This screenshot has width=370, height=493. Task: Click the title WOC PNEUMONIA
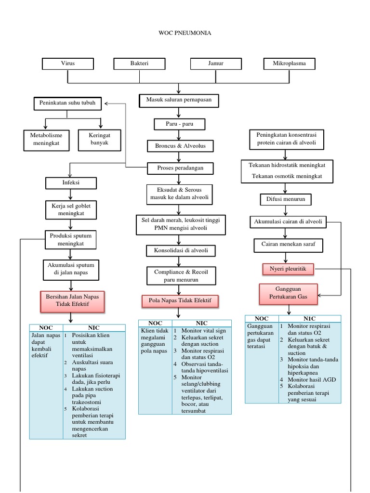click(x=185, y=33)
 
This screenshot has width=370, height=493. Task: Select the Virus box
click(x=68, y=64)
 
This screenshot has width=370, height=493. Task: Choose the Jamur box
click(x=215, y=64)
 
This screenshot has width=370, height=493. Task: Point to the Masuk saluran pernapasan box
click(x=179, y=100)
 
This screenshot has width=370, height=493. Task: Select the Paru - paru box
click(x=179, y=124)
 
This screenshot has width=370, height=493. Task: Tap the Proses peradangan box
click(x=180, y=168)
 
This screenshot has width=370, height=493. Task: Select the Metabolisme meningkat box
click(x=46, y=139)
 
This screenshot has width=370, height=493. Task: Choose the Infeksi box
click(x=71, y=183)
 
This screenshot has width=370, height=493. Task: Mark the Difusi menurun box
click(x=286, y=198)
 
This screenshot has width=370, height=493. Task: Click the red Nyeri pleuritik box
click(x=288, y=269)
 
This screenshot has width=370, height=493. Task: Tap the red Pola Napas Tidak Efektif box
click(x=180, y=301)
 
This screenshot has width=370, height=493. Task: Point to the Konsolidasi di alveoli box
click(x=181, y=250)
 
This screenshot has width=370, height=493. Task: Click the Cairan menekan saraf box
click(x=288, y=245)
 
